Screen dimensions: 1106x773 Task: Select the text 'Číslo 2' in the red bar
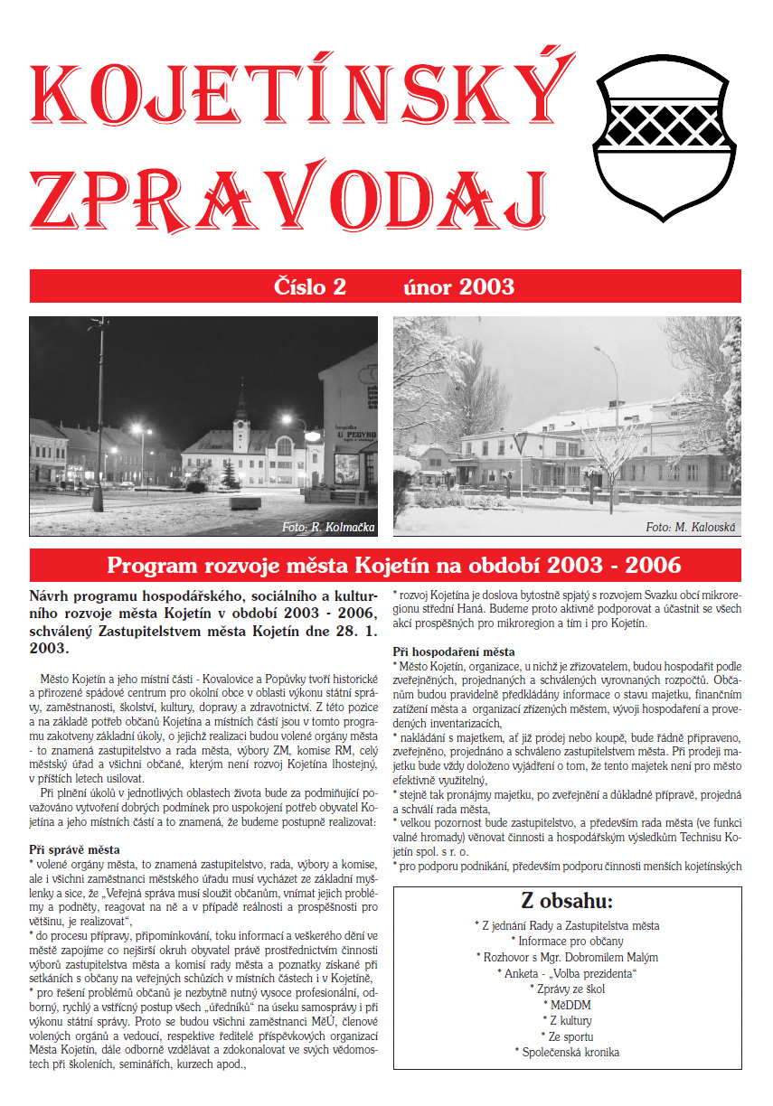(310, 287)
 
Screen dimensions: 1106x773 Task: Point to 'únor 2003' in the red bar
(458, 287)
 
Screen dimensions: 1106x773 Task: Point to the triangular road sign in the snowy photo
(519, 443)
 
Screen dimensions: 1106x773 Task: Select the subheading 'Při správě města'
(74, 850)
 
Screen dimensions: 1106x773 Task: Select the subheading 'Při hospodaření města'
(454, 651)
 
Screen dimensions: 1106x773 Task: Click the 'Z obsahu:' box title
(567, 901)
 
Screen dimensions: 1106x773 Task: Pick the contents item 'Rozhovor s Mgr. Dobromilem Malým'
(567, 957)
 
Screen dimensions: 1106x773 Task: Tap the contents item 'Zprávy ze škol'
(567, 989)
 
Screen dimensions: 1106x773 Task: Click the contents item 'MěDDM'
(567, 1004)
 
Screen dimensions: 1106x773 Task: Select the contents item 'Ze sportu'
(567, 1036)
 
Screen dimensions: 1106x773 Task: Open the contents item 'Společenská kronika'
(567, 1052)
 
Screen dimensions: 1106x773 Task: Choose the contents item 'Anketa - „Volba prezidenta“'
(567, 972)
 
